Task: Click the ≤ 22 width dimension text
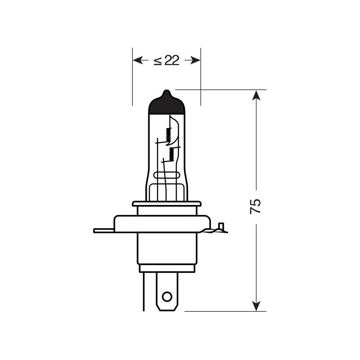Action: point(166,61)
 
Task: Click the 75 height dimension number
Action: point(255,206)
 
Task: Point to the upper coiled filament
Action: point(167,135)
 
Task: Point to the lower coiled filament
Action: point(172,154)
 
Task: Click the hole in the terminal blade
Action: point(167,297)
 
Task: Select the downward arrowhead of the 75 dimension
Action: point(256,306)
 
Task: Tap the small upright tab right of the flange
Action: point(221,227)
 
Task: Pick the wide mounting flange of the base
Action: point(162,224)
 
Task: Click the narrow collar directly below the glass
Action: point(166,204)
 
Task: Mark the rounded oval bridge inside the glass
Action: point(166,175)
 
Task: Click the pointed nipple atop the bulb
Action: point(166,93)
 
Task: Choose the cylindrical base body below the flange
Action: point(166,248)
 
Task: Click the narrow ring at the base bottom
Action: point(167,268)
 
